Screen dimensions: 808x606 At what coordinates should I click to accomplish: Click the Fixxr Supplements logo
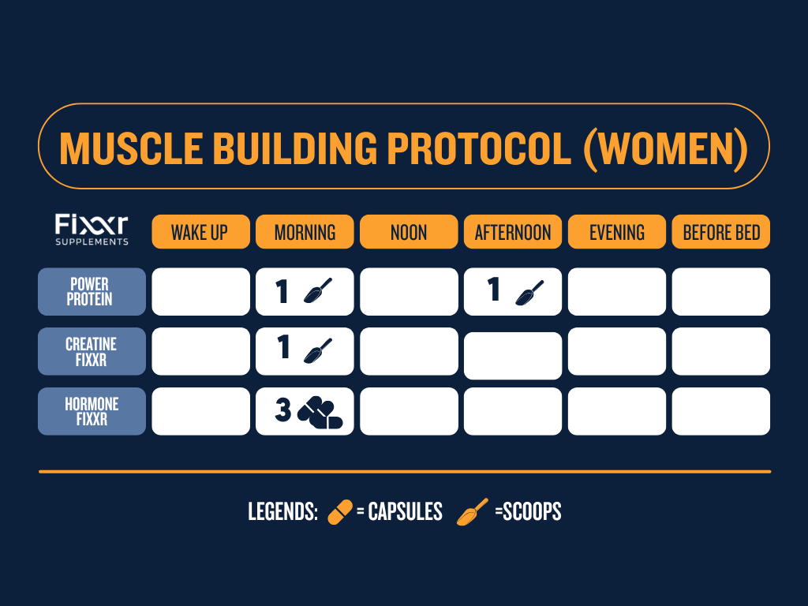(92, 230)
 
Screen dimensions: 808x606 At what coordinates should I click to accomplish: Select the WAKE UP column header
(200, 232)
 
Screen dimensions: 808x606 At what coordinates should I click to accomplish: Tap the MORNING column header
(305, 232)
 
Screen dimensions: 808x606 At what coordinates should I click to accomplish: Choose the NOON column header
(409, 232)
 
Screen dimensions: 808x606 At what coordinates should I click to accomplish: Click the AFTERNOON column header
(513, 232)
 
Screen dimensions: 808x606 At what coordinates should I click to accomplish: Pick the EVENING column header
(617, 232)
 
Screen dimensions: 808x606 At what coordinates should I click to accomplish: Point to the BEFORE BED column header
(721, 232)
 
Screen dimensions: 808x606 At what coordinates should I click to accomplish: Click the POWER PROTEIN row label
(92, 292)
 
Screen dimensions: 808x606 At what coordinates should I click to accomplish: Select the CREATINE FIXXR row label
(92, 351)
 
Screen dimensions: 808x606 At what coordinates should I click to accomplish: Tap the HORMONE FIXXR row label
(92, 411)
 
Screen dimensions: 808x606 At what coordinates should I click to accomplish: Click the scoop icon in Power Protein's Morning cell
(317, 291)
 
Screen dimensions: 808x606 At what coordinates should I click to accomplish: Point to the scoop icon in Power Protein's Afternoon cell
(529, 294)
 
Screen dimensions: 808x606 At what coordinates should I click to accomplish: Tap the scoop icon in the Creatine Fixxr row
(317, 351)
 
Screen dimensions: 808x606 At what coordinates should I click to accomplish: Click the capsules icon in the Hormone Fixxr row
(320, 413)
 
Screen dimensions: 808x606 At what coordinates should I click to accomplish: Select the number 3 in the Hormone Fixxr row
(283, 410)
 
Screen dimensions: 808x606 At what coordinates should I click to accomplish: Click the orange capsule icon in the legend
(340, 511)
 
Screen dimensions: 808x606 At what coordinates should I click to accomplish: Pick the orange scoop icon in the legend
(472, 511)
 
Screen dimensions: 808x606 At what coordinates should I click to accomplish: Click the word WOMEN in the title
(665, 148)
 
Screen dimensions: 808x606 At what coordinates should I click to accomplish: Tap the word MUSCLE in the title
(132, 148)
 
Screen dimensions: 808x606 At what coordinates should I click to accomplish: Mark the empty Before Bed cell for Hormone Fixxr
(721, 411)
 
